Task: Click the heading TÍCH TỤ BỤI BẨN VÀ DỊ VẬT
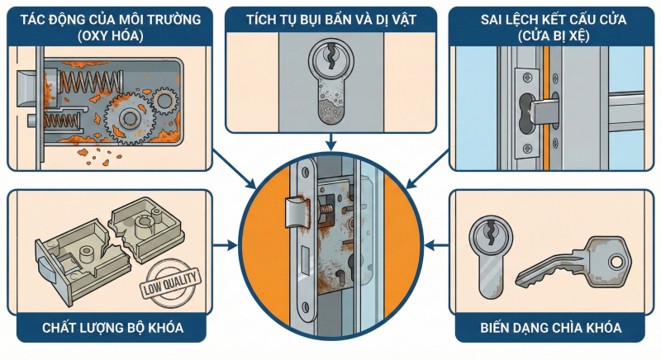pyautogui.click(x=330, y=18)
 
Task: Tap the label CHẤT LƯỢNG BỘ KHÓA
pyautogui.click(x=112, y=329)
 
